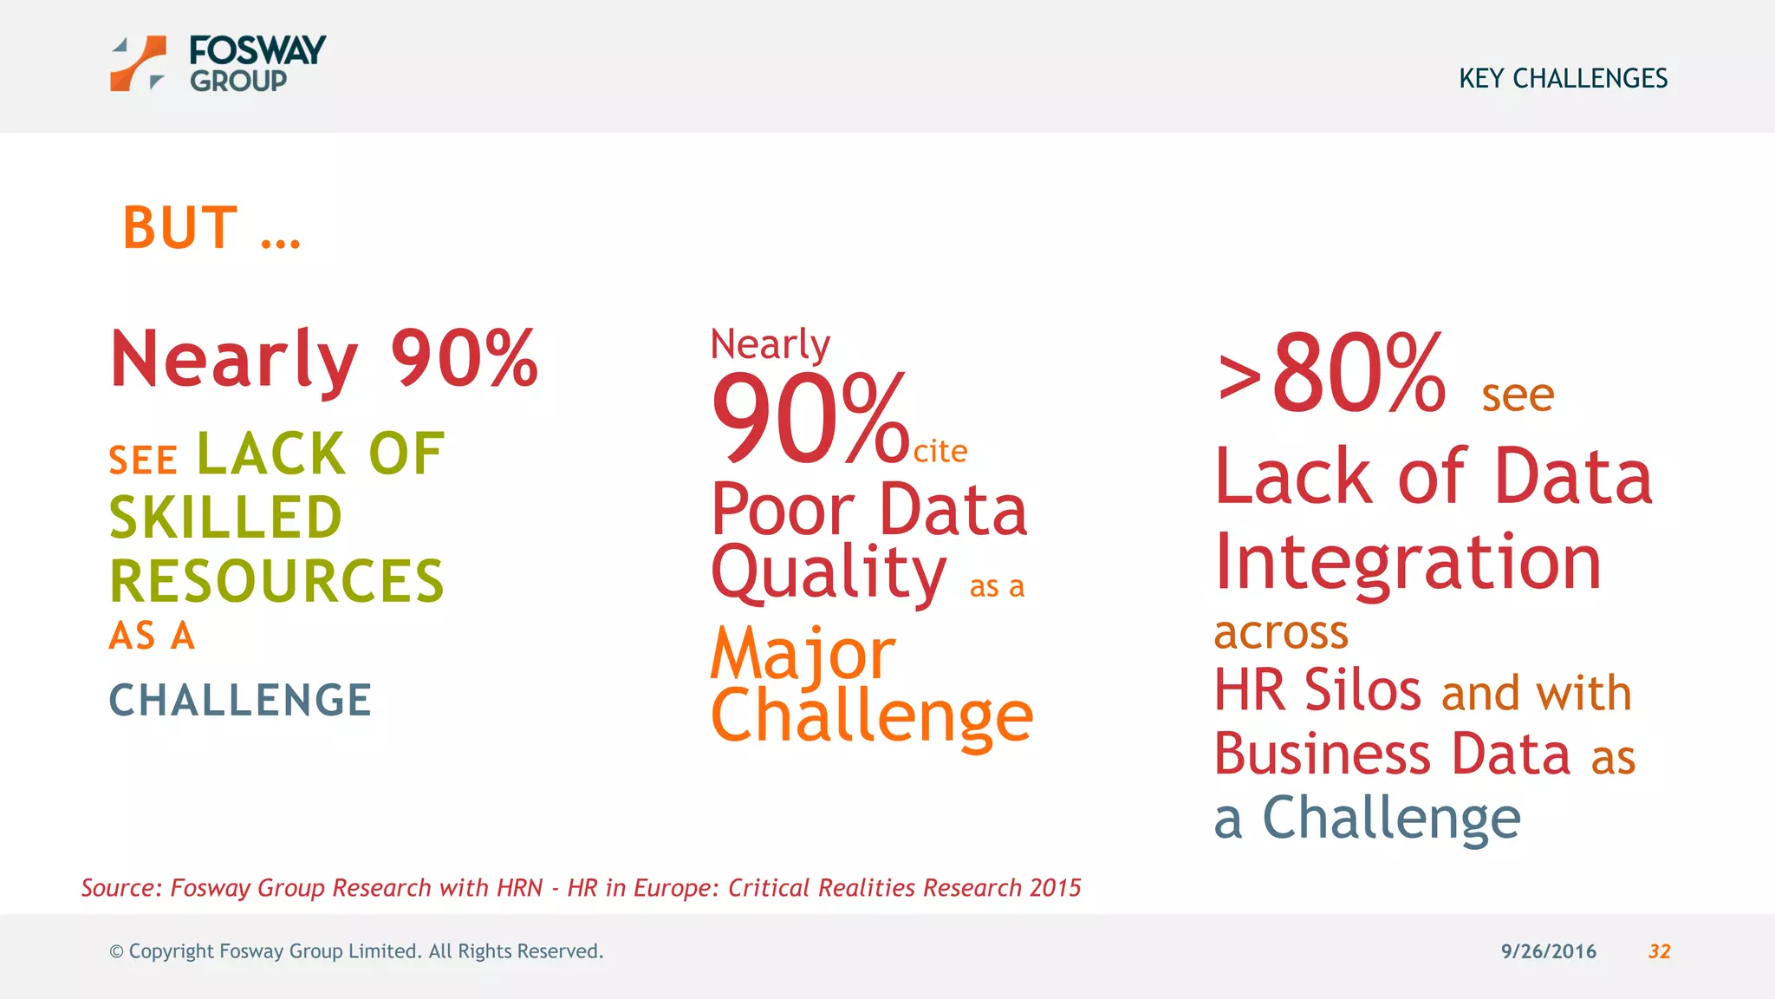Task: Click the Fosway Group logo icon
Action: pyautogui.click(x=138, y=63)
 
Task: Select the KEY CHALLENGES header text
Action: pyautogui.click(x=1563, y=79)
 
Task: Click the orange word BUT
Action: pyautogui.click(x=180, y=228)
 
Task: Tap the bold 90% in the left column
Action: pyautogui.click(x=465, y=358)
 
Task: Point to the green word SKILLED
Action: pyautogui.click(x=226, y=518)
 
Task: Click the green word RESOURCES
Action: pyautogui.click(x=276, y=581)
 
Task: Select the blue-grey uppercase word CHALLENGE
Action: pyautogui.click(x=240, y=701)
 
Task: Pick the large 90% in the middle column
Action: pyautogui.click(x=809, y=419)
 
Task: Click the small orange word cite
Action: pyautogui.click(x=940, y=452)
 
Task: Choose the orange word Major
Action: pyautogui.click(x=803, y=654)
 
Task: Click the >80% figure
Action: pyautogui.click(x=1331, y=375)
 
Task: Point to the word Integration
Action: pyautogui.click(x=1408, y=563)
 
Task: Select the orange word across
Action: pyautogui.click(x=1281, y=632)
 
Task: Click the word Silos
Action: pyautogui.click(x=1362, y=691)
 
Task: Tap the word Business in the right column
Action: pyautogui.click(x=1322, y=754)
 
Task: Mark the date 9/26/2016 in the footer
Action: pyautogui.click(x=1548, y=951)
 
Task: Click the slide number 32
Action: pyautogui.click(x=1659, y=951)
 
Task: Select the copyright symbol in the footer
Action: pyautogui.click(x=116, y=952)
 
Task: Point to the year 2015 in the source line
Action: pyautogui.click(x=1056, y=888)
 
